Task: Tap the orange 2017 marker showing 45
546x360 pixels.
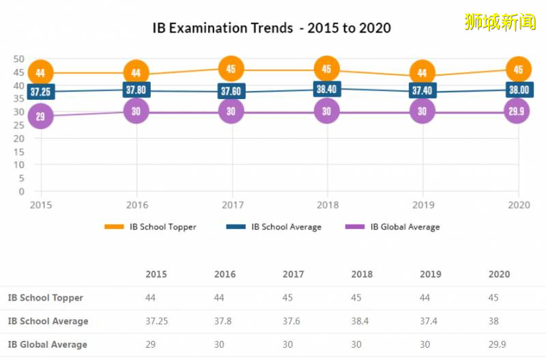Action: click(231, 69)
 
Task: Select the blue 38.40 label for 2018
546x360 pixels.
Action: click(327, 89)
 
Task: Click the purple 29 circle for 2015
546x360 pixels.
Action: click(40, 116)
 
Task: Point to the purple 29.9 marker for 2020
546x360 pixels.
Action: click(518, 112)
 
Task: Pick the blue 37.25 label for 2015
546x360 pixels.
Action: click(40, 92)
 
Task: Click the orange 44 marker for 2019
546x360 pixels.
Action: click(422, 73)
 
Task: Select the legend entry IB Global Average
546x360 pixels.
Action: click(405, 227)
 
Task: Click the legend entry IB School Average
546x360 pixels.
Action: click(286, 227)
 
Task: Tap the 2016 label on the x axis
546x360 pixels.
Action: click(136, 204)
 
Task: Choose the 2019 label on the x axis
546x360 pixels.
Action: click(422, 204)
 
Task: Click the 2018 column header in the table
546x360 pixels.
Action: click(362, 275)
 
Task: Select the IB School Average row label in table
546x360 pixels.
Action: click(48, 321)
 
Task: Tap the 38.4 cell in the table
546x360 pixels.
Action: click(360, 321)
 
